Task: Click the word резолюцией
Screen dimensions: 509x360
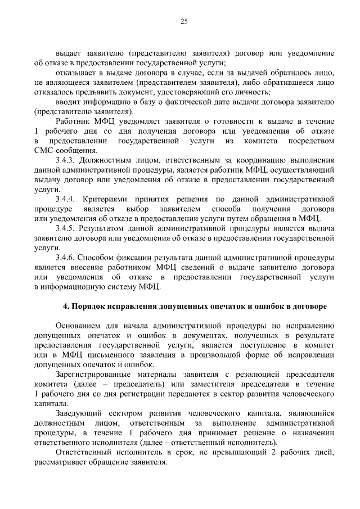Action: (253, 374)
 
